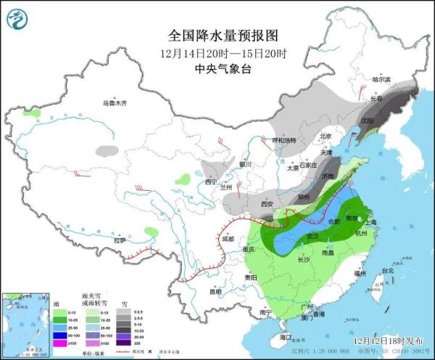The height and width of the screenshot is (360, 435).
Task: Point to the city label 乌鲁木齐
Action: (115, 103)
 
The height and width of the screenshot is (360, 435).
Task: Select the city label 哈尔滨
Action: (381, 79)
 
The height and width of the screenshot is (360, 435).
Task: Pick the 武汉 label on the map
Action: (313, 236)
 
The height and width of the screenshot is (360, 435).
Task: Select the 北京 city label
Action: (326, 136)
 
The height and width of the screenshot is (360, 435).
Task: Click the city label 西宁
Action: (211, 181)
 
